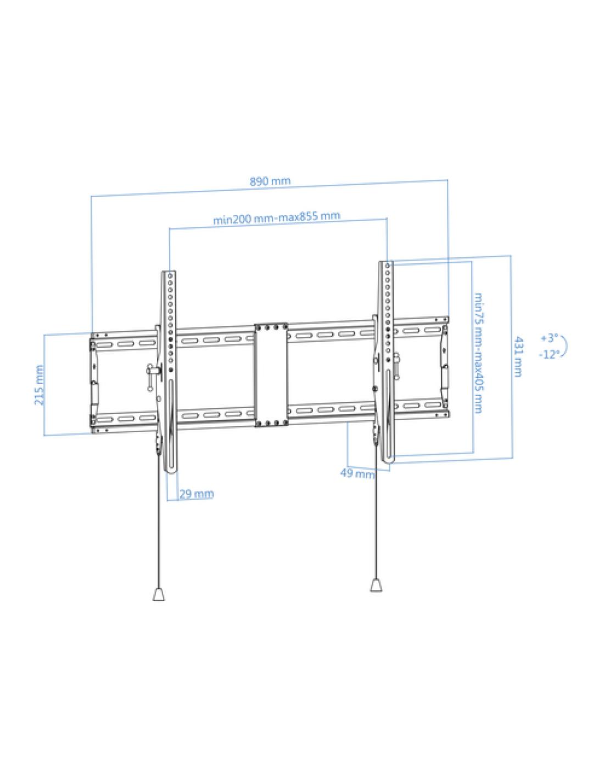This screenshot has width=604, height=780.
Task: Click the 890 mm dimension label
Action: pos(270,181)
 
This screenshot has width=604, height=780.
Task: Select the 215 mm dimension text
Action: pos(39,385)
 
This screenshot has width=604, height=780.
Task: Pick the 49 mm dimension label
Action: pos(357,473)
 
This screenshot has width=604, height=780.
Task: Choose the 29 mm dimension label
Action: pos(197,494)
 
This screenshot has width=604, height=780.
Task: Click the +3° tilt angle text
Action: pos(550,338)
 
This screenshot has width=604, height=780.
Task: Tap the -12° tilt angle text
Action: pos(550,355)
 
